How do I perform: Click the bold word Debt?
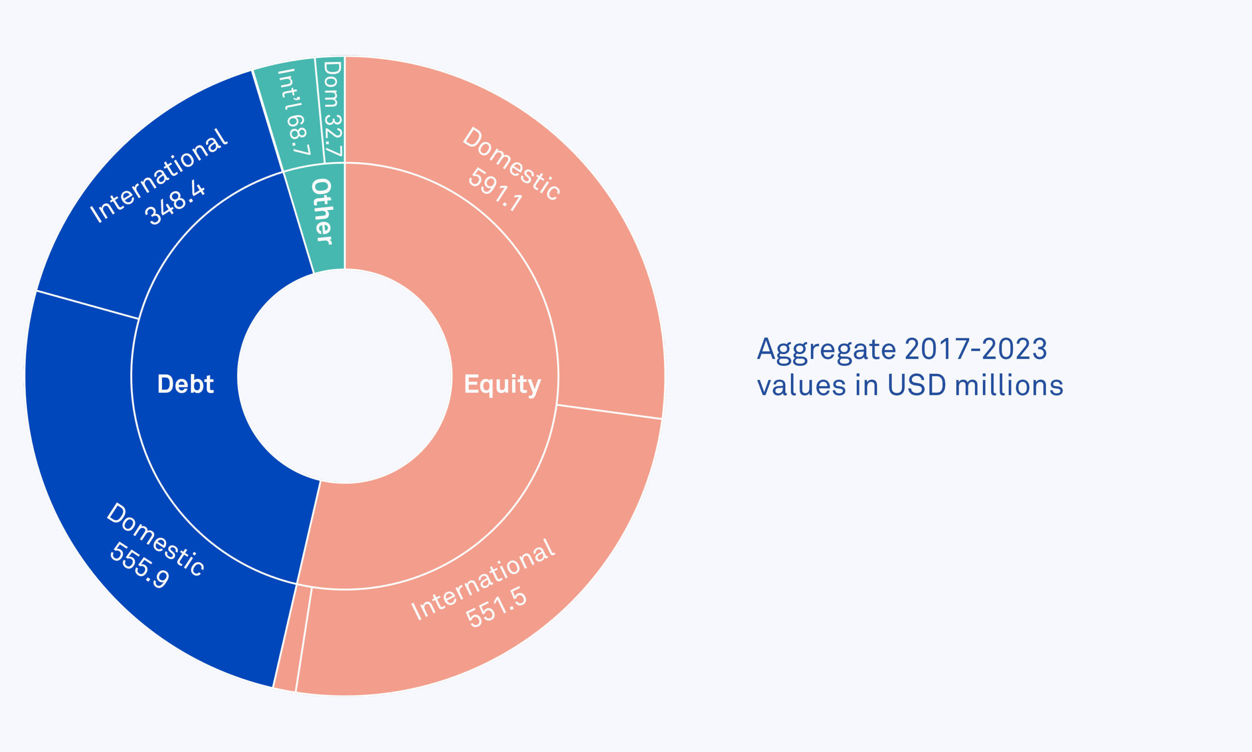(x=186, y=384)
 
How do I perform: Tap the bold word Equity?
(x=502, y=385)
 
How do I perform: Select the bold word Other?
(x=322, y=211)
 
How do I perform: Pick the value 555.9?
(x=139, y=565)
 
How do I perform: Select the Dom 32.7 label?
(x=333, y=109)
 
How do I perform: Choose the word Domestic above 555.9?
(x=156, y=539)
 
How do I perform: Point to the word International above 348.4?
(x=159, y=175)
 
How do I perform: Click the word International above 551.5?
(x=483, y=579)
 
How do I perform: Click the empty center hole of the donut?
(x=345, y=376)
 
